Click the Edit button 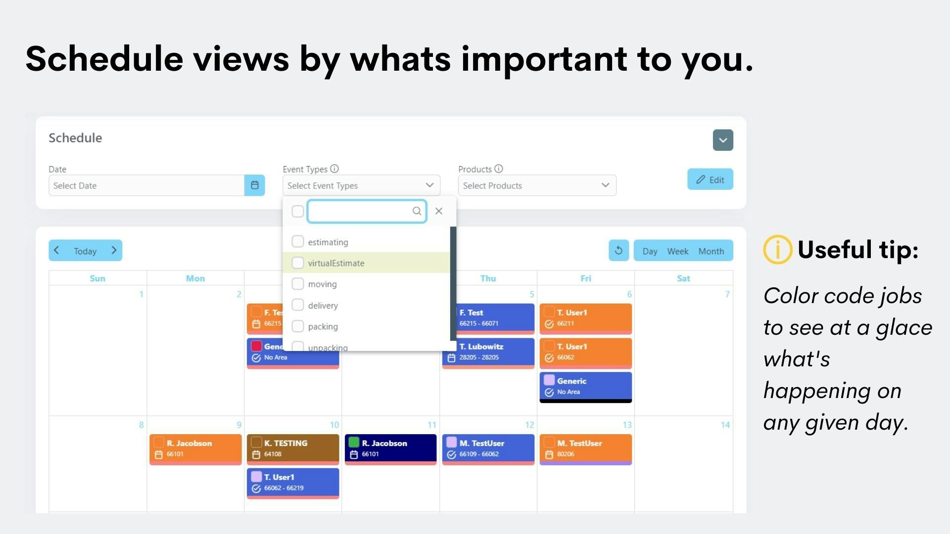click(x=710, y=180)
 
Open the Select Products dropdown click(x=537, y=185)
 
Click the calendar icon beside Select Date click(x=255, y=185)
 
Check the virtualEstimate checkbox click(x=297, y=263)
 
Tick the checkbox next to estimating click(x=297, y=242)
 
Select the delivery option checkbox click(x=297, y=305)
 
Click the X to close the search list click(x=439, y=211)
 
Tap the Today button click(x=85, y=251)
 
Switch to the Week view click(x=677, y=251)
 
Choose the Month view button click(x=711, y=251)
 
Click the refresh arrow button click(x=618, y=251)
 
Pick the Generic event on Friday click(x=585, y=386)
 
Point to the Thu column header click(x=488, y=278)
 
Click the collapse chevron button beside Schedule click(x=722, y=140)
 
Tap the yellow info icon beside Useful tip click(x=777, y=250)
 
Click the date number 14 click(x=725, y=425)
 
